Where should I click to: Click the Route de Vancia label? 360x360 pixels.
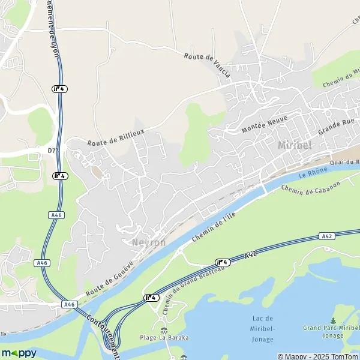(x=207, y=65)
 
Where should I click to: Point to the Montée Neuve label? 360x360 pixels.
(x=265, y=124)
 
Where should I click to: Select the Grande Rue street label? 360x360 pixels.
(x=337, y=127)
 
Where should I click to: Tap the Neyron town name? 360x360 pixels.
(x=148, y=242)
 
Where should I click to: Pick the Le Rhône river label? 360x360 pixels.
(x=311, y=175)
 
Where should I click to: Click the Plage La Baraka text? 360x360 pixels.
(x=164, y=337)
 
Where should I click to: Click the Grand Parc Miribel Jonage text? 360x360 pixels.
(x=332, y=332)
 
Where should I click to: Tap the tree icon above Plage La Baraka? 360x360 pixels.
(x=164, y=329)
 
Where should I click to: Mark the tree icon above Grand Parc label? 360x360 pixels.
(x=333, y=320)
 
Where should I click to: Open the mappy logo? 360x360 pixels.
(x=19, y=353)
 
